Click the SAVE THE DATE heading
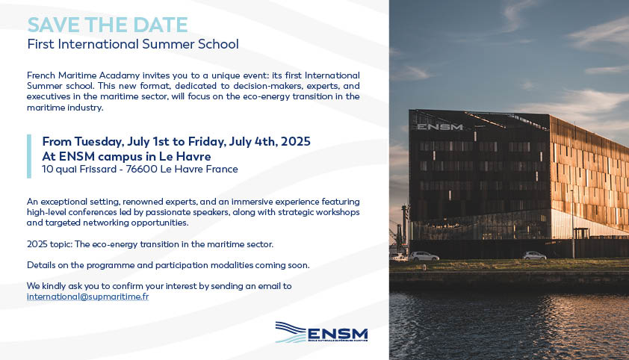108,25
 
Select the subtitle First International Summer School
133,44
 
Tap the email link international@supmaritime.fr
88,297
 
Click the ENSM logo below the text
321,332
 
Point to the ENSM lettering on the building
440,127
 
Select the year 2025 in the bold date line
296,141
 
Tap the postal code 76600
142,170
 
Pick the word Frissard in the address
98,170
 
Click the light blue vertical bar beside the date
29,156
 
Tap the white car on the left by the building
424,256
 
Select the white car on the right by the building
534,255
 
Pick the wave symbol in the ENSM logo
291,332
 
